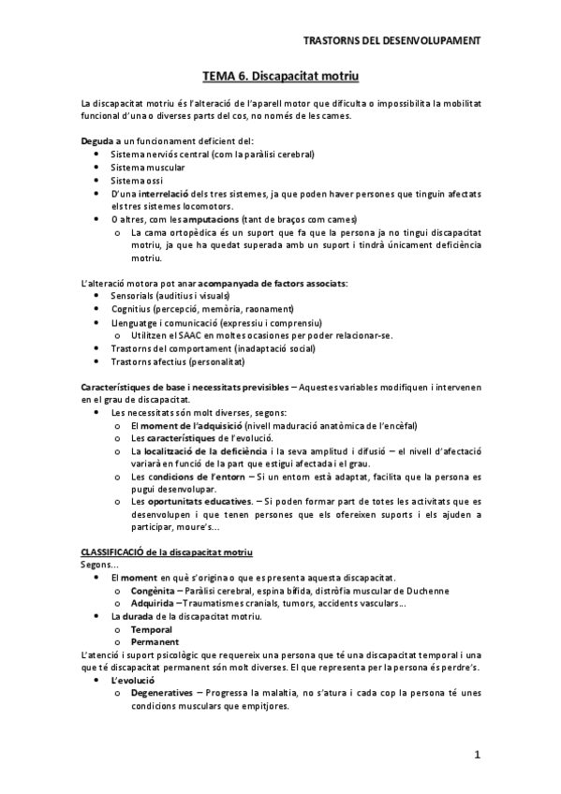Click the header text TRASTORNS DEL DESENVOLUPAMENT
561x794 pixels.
[392, 41]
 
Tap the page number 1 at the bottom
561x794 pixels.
[477, 755]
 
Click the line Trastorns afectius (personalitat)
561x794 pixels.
[177, 360]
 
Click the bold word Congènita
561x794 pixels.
[153, 592]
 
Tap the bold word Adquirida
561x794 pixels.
[153, 604]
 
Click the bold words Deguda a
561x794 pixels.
[99, 140]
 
